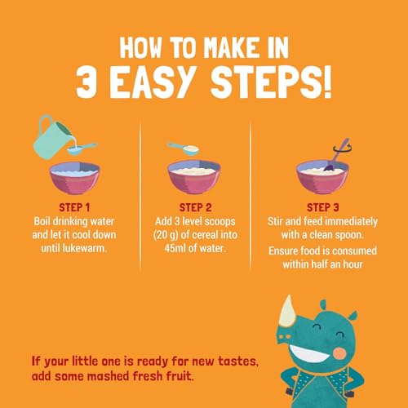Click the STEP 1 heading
tap(74, 207)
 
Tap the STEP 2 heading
tap(195, 207)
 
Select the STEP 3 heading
tap(323, 207)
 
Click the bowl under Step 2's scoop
tap(194, 177)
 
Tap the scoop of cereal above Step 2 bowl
tap(184, 149)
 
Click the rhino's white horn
tap(288, 312)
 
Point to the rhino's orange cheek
tap(340, 353)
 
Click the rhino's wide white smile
tap(308, 353)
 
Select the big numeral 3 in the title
tap(86, 82)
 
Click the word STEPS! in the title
tap(271, 82)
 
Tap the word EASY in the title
tap(153, 82)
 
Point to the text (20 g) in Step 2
tap(166, 235)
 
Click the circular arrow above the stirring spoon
tap(343, 149)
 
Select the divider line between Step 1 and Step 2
tap(140, 196)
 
